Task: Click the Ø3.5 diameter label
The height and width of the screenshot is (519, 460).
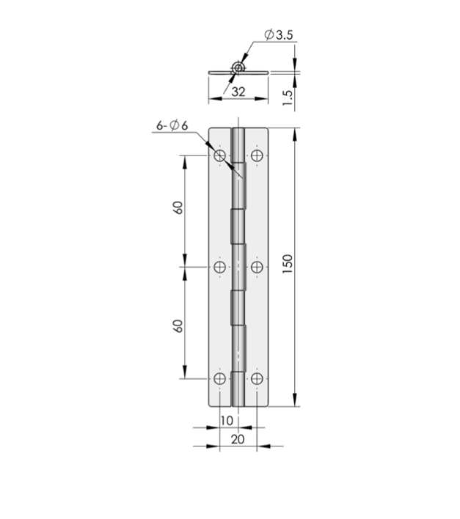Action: [x=279, y=34]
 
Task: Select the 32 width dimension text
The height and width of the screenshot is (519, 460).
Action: [x=238, y=92]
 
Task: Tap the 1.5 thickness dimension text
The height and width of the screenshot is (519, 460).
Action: [x=288, y=97]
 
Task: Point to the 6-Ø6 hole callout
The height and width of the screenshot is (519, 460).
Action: [x=172, y=125]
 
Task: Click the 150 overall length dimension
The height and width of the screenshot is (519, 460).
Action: [x=288, y=263]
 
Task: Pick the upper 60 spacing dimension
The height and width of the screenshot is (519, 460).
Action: [x=178, y=207]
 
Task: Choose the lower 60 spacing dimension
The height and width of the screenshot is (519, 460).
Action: [x=178, y=326]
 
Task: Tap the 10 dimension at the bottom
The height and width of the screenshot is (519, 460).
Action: [x=227, y=421]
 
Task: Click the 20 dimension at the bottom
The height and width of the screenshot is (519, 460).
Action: [x=238, y=440]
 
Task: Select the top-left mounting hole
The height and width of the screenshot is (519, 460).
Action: [x=219, y=155]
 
